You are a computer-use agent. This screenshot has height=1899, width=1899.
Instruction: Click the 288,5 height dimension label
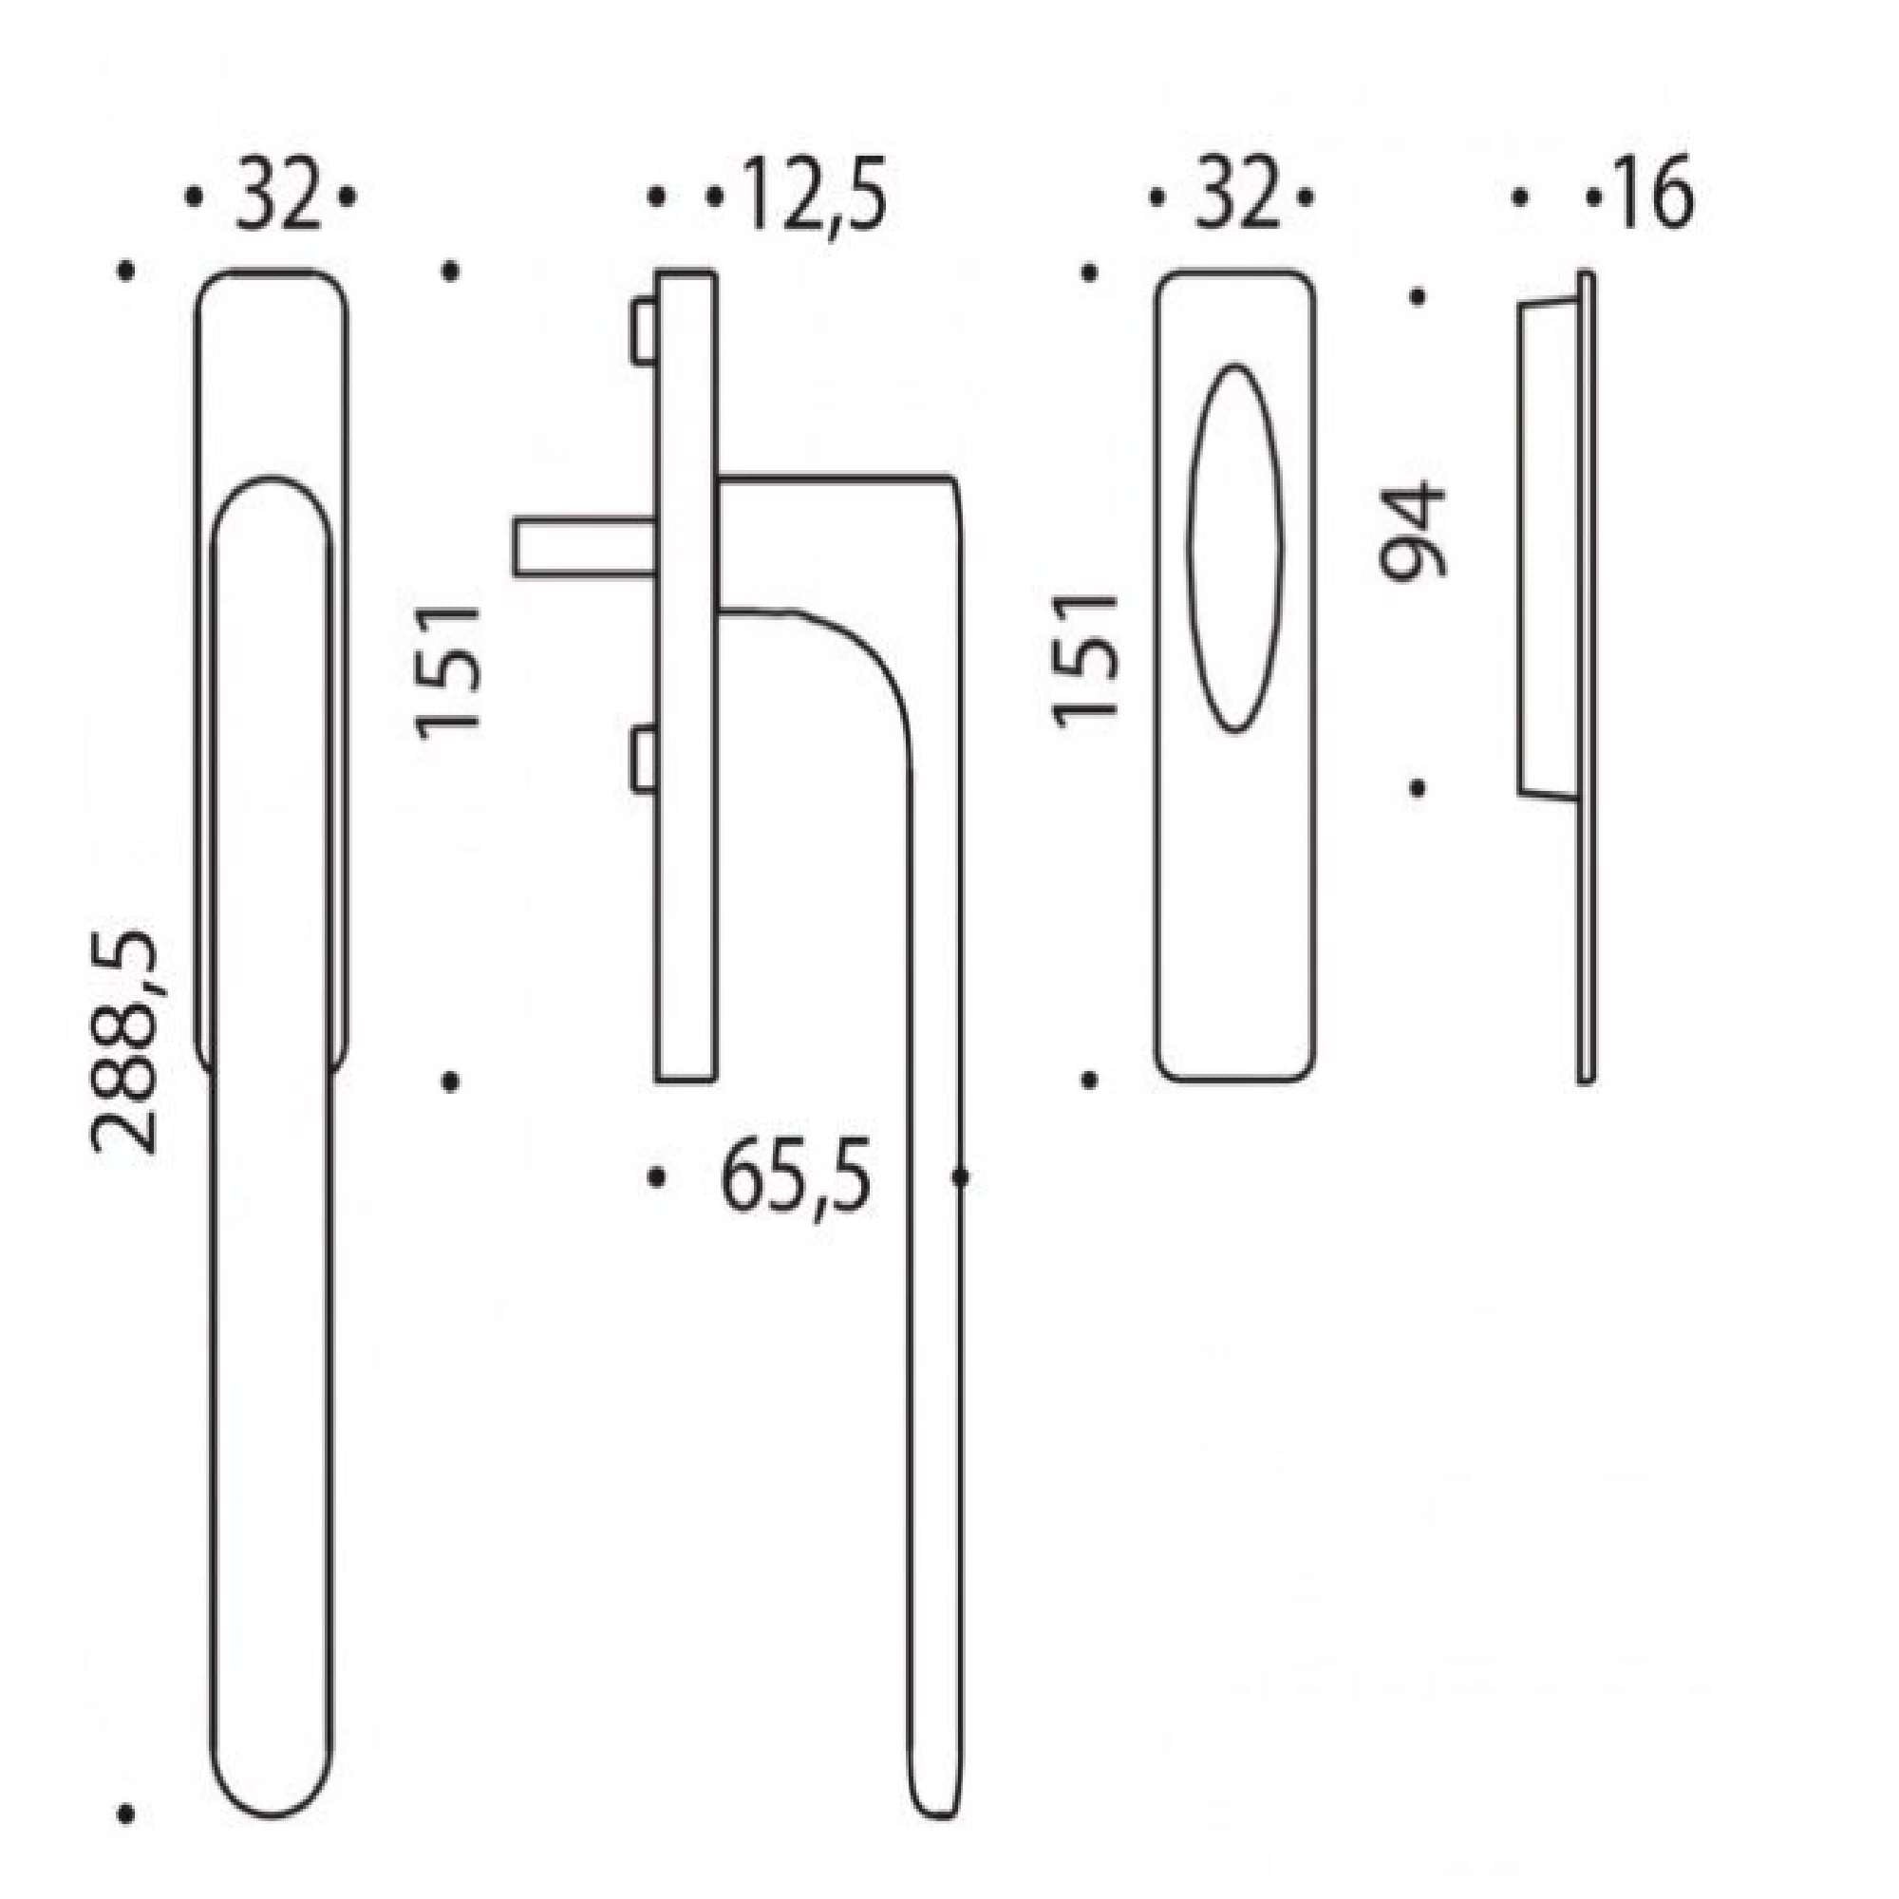pos(123,1041)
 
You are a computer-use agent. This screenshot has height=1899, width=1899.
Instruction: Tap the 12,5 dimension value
pos(815,195)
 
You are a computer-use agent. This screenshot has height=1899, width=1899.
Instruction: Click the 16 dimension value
pos(1654,193)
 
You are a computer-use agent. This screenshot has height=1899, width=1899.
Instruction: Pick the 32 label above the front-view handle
pos(278,195)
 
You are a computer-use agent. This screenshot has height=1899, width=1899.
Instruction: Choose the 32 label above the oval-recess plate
pos(1238,195)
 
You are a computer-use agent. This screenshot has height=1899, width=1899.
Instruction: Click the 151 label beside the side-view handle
pos(447,673)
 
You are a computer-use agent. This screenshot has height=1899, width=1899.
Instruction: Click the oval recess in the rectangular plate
pos(1235,548)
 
